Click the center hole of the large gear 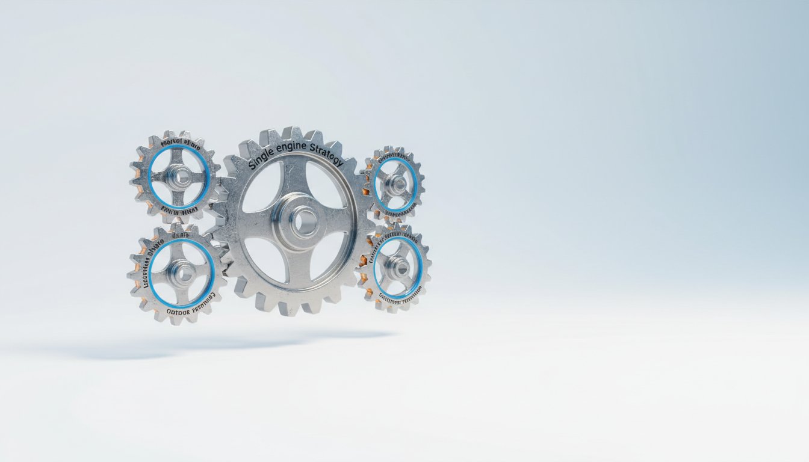pos(299,221)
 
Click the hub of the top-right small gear pos(396,184)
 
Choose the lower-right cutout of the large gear pos(329,256)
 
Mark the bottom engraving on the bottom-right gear pos(398,298)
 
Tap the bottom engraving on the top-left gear pos(179,211)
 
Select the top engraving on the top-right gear pos(394,156)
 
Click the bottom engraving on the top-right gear pos(397,214)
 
